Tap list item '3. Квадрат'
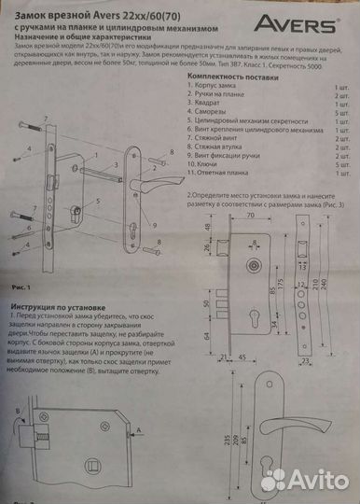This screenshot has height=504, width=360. click(211, 105)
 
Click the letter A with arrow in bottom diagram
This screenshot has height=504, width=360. click(137, 429)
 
